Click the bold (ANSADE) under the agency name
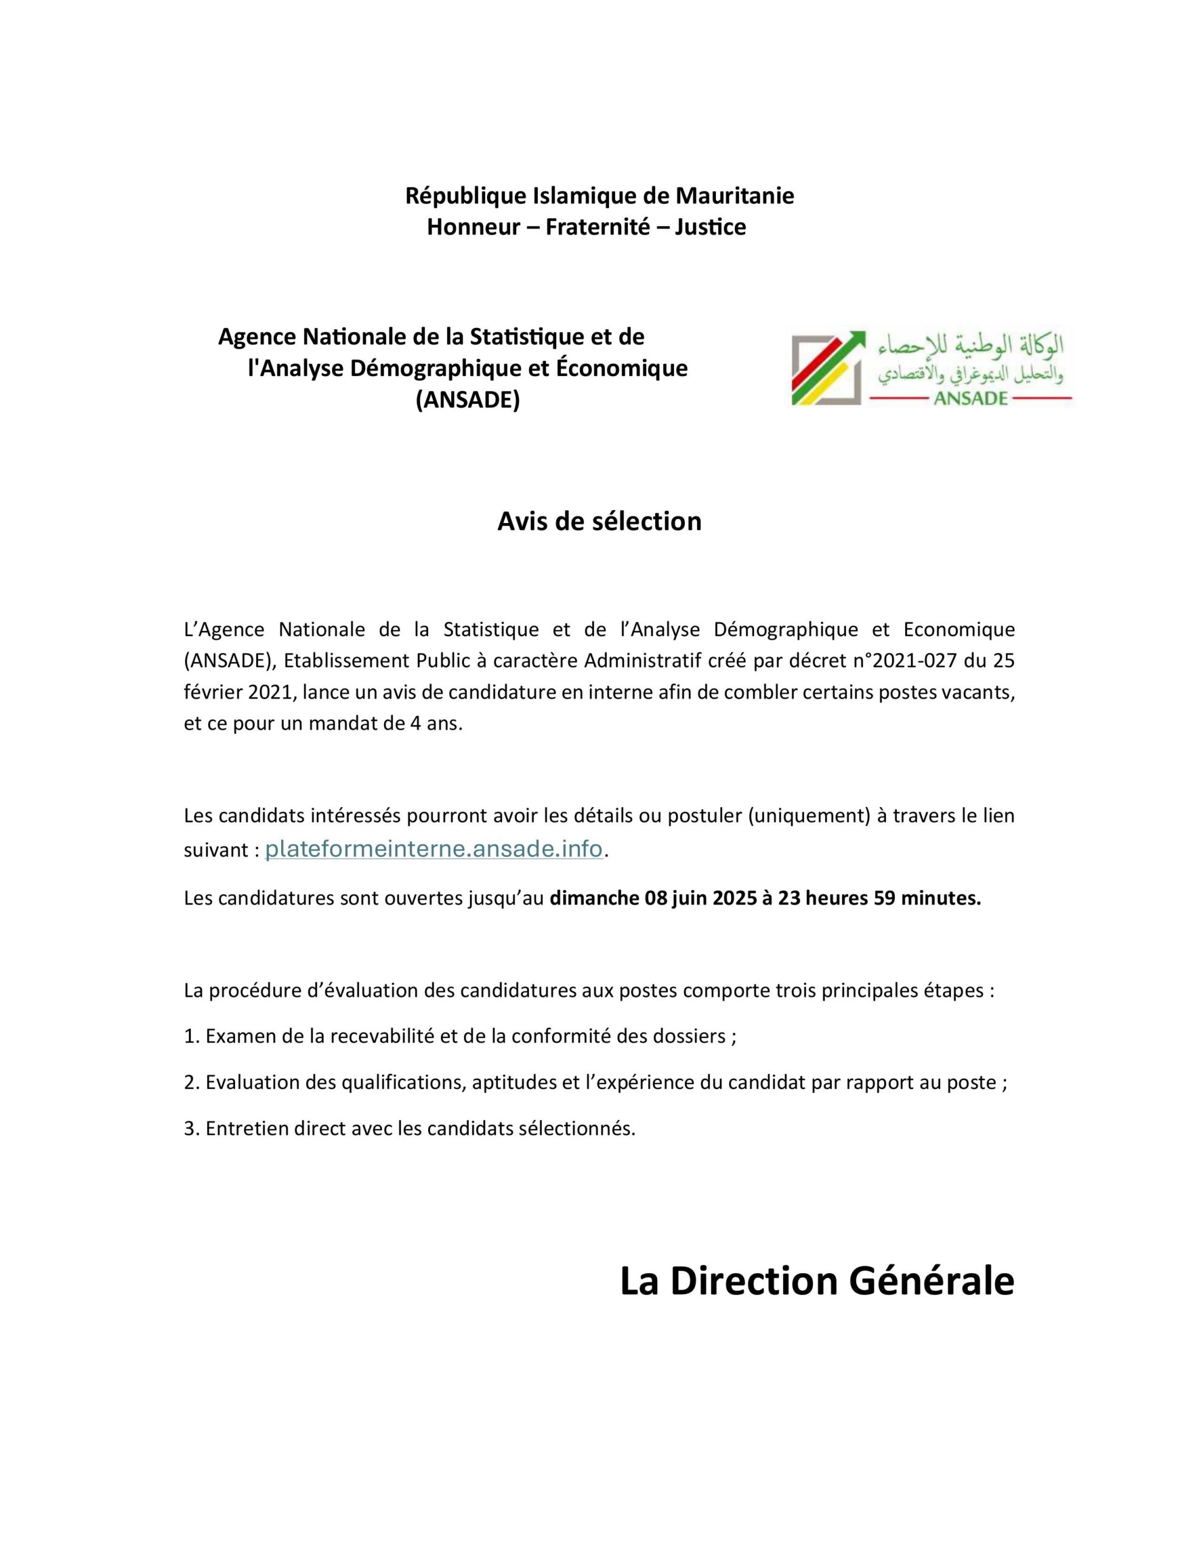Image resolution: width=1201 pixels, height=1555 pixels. click(468, 401)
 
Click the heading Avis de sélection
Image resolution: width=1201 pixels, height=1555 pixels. click(599, 521)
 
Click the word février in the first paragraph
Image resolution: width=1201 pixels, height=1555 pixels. click(210, 692)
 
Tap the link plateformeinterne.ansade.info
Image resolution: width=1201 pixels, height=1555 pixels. click(434, 849)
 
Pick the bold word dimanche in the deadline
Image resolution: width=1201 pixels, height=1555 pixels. click(594, 898)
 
